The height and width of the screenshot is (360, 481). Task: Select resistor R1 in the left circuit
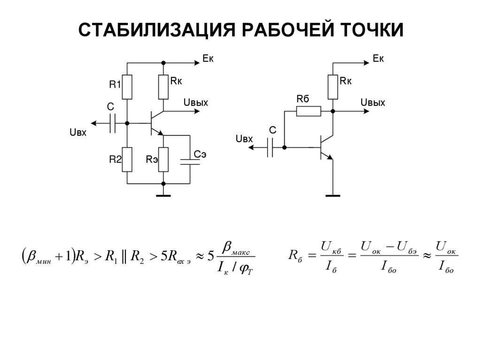[x=127, y=87]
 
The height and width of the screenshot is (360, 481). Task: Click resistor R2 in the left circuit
[x=127, y=160]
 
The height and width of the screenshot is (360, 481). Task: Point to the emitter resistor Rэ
[x=163, y=160]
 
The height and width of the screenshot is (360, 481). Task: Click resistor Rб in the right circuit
[x=309, y=111]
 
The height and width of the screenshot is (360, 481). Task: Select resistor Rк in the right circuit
[x=333, y=87]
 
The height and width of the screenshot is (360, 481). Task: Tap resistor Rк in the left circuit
[x=163, y=87]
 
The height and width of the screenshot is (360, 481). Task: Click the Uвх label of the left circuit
[x=78, y=133]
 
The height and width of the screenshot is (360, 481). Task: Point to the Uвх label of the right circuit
[x=244, y=139]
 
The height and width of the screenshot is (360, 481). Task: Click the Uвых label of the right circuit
[x=372, y=103]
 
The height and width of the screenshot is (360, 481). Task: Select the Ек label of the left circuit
[x=208, y=58]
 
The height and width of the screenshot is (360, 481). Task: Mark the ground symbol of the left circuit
[x=163, y=195]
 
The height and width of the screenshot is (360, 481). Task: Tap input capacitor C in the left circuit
[x=112, y=123]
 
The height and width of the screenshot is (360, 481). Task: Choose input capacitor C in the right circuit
[x=270, y=147]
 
